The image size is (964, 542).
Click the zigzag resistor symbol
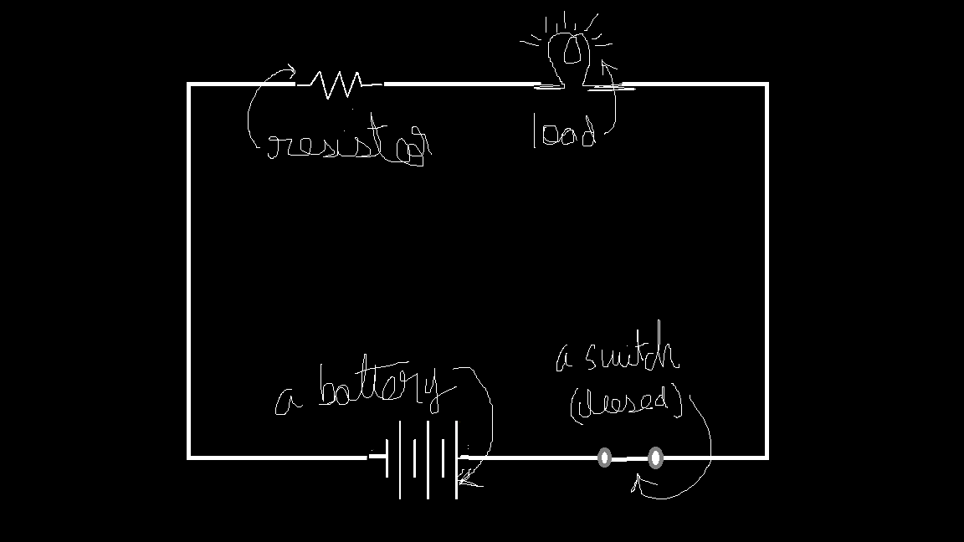pyautogui.click(x=336, y=84)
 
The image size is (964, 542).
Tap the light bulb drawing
pyautogui.click(x=572, y=52)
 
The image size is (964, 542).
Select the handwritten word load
pyautogui.click(x=564, y=134)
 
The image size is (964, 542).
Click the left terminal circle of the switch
pyautogui.click(x=604, y=458)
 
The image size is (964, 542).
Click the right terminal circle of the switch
pyautogui.click(x=655, y=458)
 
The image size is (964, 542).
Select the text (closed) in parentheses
pyautogui.click(x=626, y=404)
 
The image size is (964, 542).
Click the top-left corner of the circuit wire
pyautogui.click(x=189, y=84)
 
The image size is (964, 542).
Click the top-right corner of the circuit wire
pyautogui.click(x=767, y=84)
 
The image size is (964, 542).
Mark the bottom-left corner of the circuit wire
pyautogui.click(x=189, y=457)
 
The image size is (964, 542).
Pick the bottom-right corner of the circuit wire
pyautogui.click(x=767, y=457)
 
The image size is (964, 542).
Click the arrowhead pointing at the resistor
pyautogui.click(x=290, y=72)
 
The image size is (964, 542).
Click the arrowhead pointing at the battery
pyautogui.click(x=464, y=479)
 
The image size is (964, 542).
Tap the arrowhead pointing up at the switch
pyautogui.click(x=637, y=480)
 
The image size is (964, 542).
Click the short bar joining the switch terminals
pyautogui.click(x=629, y=458)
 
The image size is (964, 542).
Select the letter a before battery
pyautogui.click(x=289, y=402)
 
